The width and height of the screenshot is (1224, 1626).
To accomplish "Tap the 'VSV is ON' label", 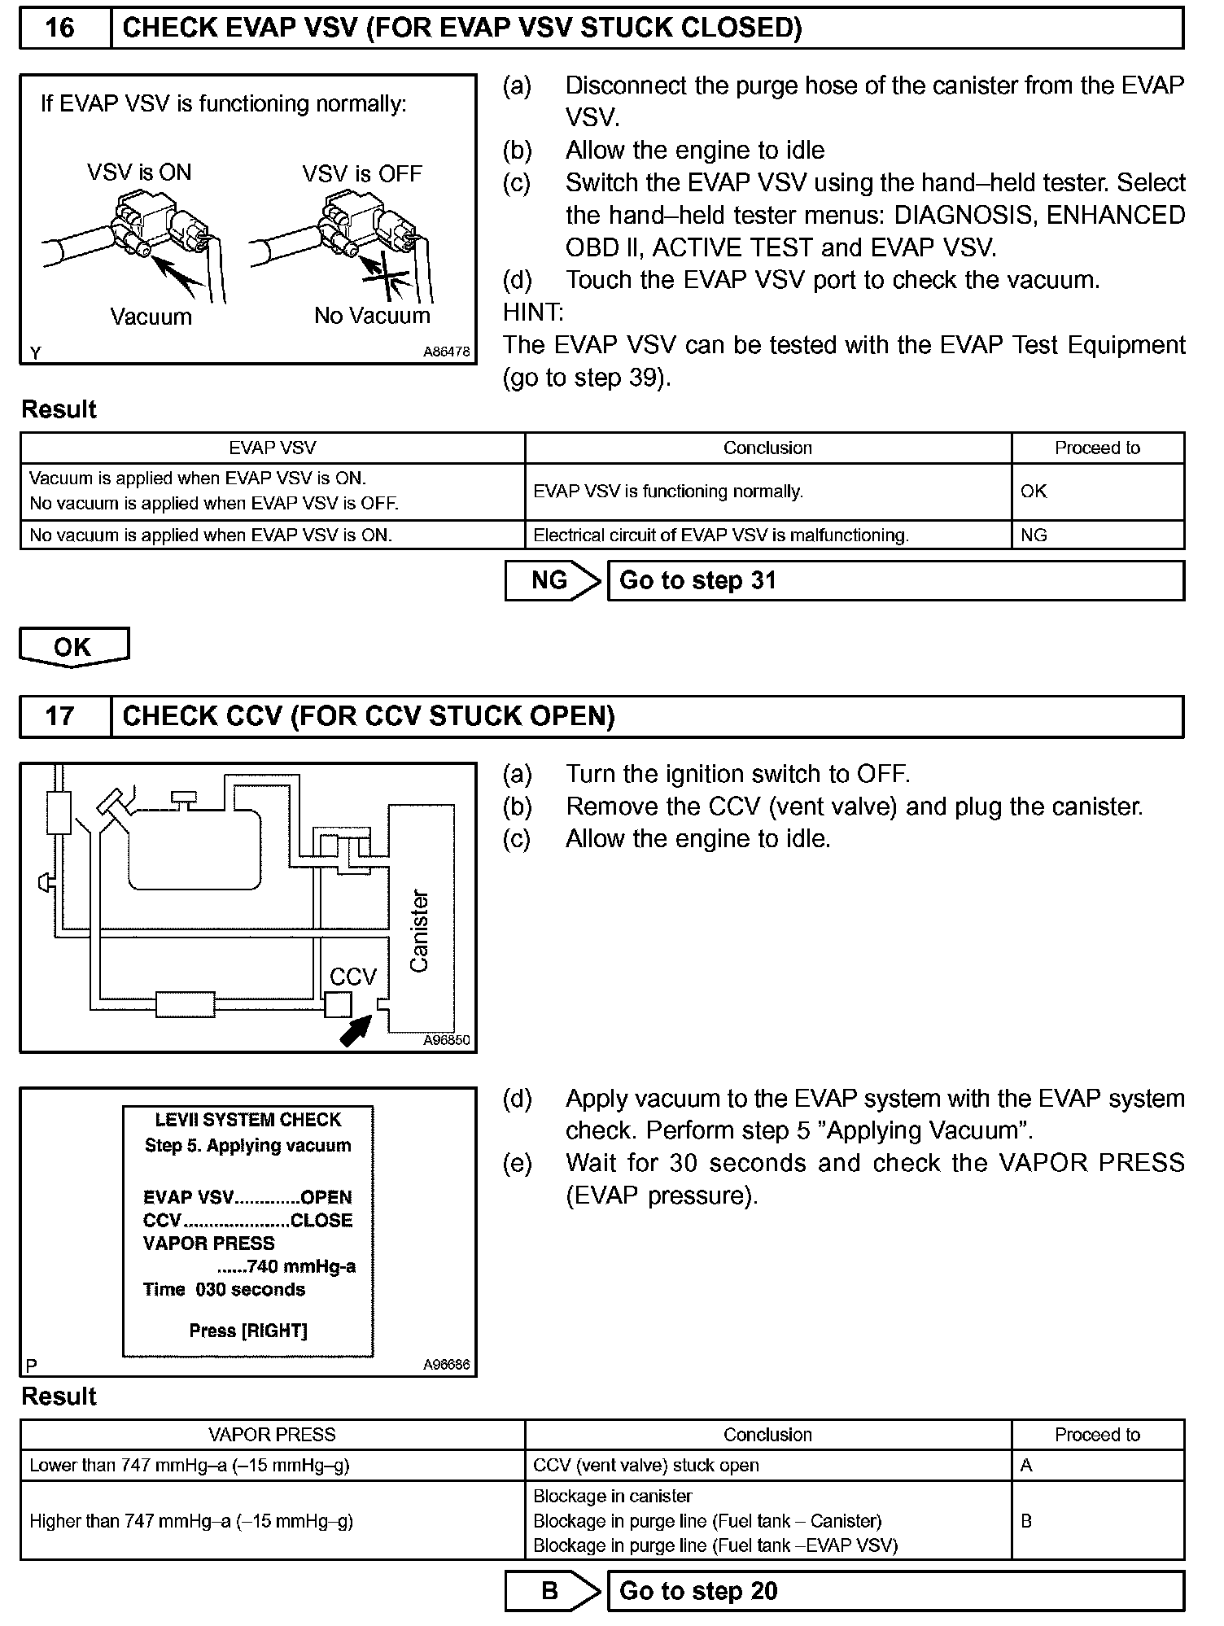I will click(x=139, y=173).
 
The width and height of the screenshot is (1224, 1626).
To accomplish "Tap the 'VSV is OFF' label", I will click(x=362, y=174).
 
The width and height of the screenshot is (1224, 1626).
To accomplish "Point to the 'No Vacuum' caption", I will click(x=372, y=316).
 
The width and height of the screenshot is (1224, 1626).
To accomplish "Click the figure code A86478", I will click(x=446, y=352).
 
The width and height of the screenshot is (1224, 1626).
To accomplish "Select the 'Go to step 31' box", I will click(x=895, y=581).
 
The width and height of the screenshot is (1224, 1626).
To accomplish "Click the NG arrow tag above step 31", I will click(x=552, y=581).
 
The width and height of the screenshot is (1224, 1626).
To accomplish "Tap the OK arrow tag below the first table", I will click(x=73, y=647).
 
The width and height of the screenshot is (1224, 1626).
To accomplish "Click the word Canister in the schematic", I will click(x=419, y=931).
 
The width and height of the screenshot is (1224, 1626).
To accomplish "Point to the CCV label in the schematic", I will click(x=353, y=977).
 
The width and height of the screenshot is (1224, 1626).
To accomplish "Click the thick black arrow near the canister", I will click(x=356, y=1030).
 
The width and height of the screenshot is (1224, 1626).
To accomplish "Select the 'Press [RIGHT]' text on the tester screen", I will click(x=248, y=1331).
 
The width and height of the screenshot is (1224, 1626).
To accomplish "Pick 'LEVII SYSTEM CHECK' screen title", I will click(x=248, y=1120).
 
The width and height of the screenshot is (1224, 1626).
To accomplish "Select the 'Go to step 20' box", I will click(x=895, y=1591).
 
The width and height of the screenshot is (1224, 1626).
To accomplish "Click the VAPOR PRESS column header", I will click(x=272, y=1435).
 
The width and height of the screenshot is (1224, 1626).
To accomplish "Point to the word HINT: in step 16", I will click(x=533, y=313).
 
